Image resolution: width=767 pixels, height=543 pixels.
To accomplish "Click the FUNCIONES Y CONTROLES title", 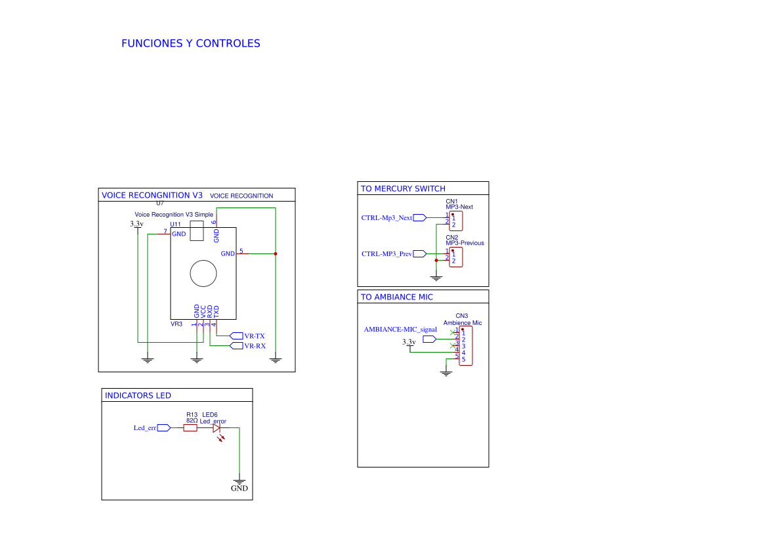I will (x=190, y=43).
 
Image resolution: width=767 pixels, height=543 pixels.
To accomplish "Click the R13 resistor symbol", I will (x=190, y=428).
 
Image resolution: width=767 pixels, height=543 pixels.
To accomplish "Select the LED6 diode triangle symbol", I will (x=217, y=428).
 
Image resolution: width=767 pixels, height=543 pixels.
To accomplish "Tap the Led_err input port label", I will (x=145, y=428).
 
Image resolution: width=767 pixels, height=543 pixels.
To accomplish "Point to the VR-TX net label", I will (x=254, y=336).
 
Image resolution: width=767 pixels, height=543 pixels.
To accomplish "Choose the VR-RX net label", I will (x=255, y=346).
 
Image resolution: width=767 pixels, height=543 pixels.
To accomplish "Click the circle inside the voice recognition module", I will (x=203, y=273).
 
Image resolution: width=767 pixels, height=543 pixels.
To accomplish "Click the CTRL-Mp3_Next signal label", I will (x=386, y=218).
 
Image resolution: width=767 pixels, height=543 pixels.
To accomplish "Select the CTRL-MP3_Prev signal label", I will (x=386, y=254).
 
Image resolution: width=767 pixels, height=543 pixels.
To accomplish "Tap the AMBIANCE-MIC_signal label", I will (x=400, y=329).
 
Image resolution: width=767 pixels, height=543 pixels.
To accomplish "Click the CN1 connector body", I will (x=456, y=221).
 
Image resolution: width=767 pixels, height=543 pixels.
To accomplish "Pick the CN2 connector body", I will (x=456, y=257).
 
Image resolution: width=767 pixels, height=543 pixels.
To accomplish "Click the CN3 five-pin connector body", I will (x=465, y=346).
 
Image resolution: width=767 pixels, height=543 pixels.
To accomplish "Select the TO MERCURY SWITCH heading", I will (x=403, y=189).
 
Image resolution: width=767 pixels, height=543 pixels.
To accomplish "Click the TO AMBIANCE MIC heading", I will (x=397, y=297).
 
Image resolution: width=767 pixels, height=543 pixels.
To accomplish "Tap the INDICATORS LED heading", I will (x=138, y=395).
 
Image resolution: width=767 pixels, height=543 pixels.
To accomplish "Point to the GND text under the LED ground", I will (x=239, y=489).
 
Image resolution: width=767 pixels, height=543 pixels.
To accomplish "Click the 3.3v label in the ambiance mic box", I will (x=409, y=342).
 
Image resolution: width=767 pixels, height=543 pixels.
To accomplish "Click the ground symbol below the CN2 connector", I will (x=436, y=278).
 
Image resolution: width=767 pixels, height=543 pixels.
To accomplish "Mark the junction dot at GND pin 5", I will (x=276, y=253).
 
